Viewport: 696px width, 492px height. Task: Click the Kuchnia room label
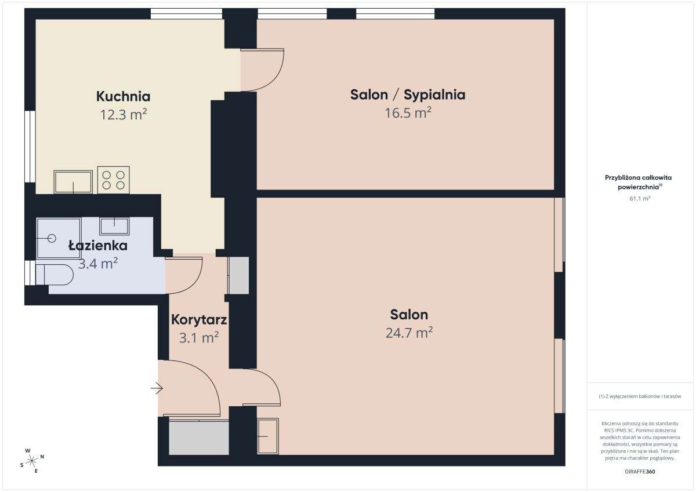coord(123,96)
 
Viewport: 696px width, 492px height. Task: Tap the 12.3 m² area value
coord(123,114)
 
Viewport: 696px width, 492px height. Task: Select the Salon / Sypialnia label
coord(408,94)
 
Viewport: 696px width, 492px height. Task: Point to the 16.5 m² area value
coord(408,112)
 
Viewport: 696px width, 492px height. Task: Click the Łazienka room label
coord(97,246)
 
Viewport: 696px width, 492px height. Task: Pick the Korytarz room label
coord(198,320)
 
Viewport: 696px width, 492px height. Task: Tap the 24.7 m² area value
coord(409,333)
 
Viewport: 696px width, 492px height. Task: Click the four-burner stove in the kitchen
coord(114,180)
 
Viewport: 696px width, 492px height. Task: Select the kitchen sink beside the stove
coord(73,182)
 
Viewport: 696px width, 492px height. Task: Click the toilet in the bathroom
coord(55,275)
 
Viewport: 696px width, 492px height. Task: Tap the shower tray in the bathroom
coord(59,238)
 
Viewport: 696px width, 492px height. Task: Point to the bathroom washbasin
coord(114,225)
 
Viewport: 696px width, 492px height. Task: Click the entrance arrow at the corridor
coord(157,388)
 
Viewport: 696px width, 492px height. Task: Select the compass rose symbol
coord(32,460)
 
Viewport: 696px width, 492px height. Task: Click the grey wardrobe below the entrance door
coord(198,438)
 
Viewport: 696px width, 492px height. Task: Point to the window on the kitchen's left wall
coord(30,147)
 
